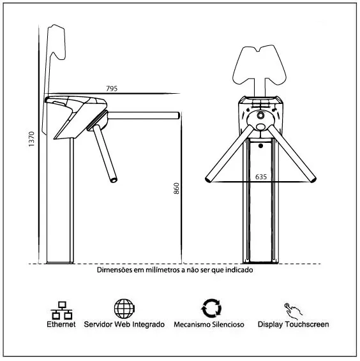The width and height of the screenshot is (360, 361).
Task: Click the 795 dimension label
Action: [112, 89]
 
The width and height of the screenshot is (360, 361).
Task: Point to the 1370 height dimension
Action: [31, 139]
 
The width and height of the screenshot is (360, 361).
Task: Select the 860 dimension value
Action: [176, 188]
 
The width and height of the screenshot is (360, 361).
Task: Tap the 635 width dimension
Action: [261, 177]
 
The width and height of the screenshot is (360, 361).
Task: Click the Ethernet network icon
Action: [61, 310]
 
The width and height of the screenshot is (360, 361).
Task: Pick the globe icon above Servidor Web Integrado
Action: [124, 309]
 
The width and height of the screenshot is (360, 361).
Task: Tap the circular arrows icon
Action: [211, 309]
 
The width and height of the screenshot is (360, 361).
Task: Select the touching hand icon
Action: [293, 311]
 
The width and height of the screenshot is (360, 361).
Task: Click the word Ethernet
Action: [61, 325]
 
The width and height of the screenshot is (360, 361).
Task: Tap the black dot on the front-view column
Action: [260, 145]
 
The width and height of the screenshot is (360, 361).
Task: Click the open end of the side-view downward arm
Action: [114, 180]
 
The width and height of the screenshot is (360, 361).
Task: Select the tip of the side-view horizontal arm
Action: [178, 115]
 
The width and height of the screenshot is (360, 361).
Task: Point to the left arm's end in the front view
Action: [208, 179]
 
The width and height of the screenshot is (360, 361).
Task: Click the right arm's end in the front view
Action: [313, 179]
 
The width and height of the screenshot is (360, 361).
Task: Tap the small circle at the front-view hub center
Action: [260, 115]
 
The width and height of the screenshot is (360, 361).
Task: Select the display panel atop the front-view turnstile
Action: [259, 64]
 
